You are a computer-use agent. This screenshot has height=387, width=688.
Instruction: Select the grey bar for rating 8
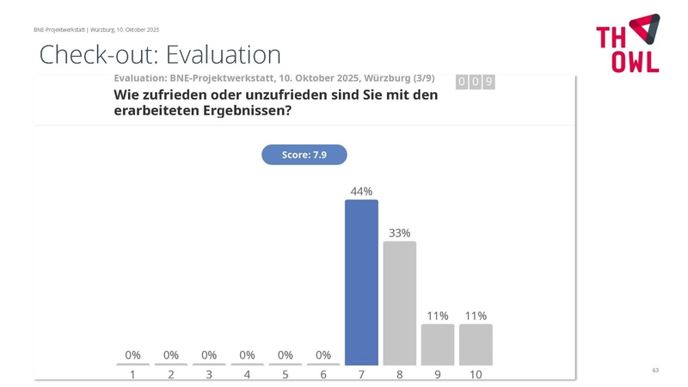tap(399, 303)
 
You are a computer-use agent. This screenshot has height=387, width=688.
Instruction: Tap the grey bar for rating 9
tap(438, 344)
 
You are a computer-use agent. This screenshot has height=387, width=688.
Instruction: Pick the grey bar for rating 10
tap(476, 344)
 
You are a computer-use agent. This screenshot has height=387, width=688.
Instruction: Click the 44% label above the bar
tap(361, 191)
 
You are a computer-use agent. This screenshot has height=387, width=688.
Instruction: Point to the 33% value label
tap(399, 233)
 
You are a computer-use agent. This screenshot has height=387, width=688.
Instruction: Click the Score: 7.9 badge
tap(304, 155)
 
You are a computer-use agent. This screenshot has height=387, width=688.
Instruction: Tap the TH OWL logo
tap(628, 43)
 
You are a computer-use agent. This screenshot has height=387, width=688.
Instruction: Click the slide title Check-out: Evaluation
tap(160, 55)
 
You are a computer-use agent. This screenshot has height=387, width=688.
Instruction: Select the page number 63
tap(655, 370)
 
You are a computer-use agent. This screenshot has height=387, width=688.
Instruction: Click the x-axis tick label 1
tap(132, 375)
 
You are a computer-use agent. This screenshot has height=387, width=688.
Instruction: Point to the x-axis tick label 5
tap(286, 375)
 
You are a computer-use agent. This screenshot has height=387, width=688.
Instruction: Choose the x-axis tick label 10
tap(476, 375)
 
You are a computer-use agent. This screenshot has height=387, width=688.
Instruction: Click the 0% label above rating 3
tap(209, 354)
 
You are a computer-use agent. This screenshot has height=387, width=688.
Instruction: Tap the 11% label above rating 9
tap(438, 316)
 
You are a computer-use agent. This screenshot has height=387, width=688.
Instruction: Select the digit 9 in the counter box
tap(488, 82)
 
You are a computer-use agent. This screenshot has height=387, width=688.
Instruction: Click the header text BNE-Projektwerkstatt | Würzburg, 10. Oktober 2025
tap(96, 29)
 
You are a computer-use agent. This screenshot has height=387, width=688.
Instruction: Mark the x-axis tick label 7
tap(361, 375)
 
